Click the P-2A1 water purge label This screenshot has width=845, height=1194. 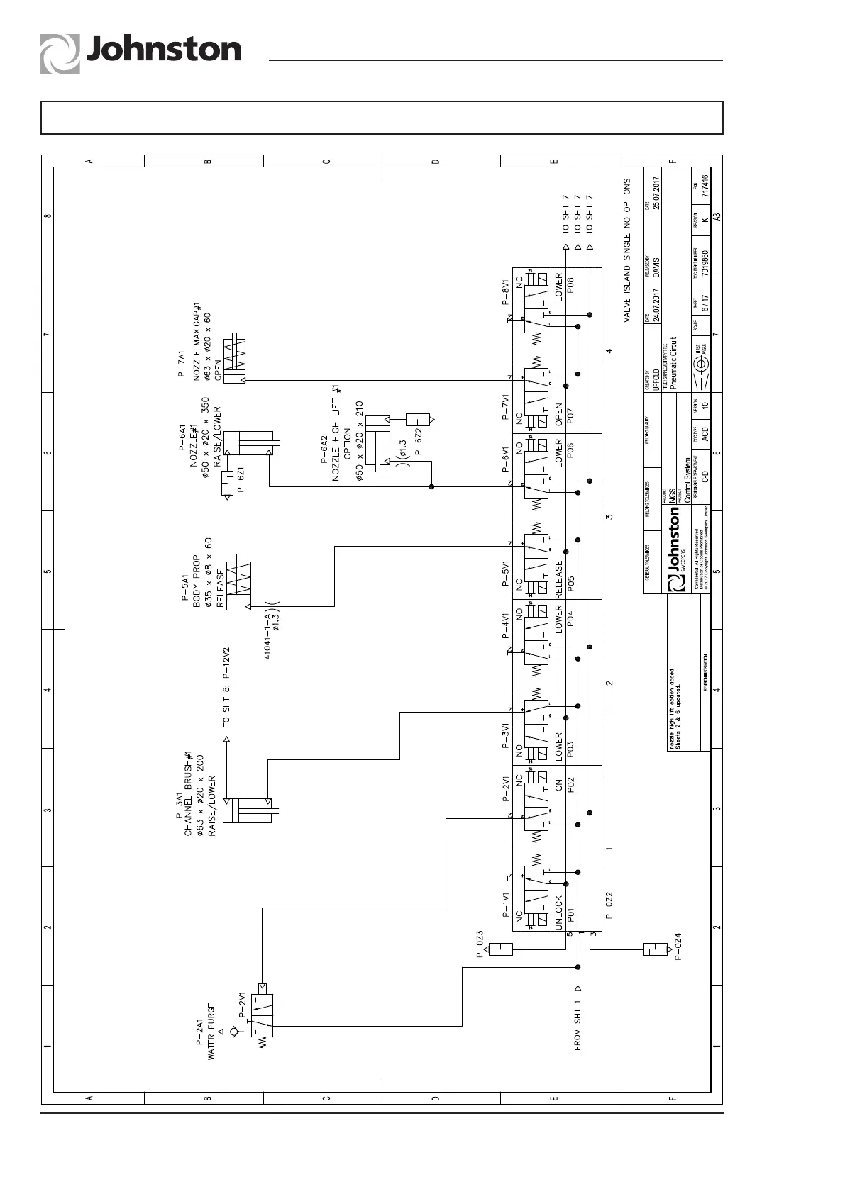tap(199, 1032)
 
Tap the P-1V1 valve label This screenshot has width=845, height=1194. tap(506, 905)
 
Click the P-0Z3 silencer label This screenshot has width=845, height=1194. tap(480, 944)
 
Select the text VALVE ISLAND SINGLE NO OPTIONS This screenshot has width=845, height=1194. tap(627, 251)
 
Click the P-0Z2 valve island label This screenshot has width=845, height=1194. tap(609, 905)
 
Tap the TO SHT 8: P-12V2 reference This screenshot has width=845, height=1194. tap(226, 687)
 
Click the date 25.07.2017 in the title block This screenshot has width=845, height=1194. tap(657, 193)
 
